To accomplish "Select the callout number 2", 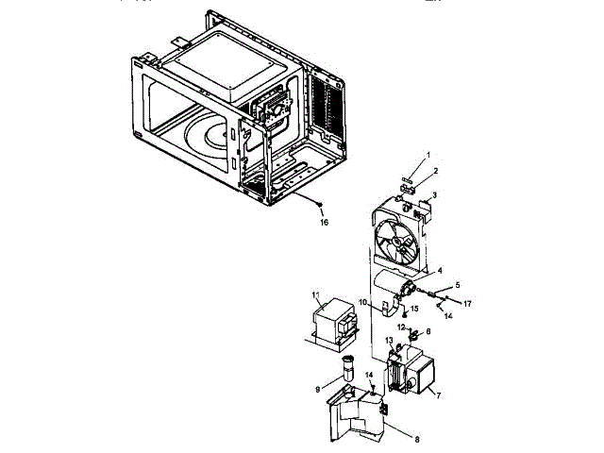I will (x=435, y=172).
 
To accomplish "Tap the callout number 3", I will (x=435, y=196).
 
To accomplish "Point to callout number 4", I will (x=439, y=271).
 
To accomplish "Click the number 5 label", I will (x=458, y=284).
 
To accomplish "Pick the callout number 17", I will (x=467, y=304).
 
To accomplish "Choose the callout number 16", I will (x=325, y=223).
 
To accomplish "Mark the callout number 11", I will (x=315, y=295).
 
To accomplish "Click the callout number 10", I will (x=361, y=303).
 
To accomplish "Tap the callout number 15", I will (x=413, y=309).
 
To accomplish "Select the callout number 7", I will (x=438, y=395).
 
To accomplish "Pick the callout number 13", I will (x=389, y=340).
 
